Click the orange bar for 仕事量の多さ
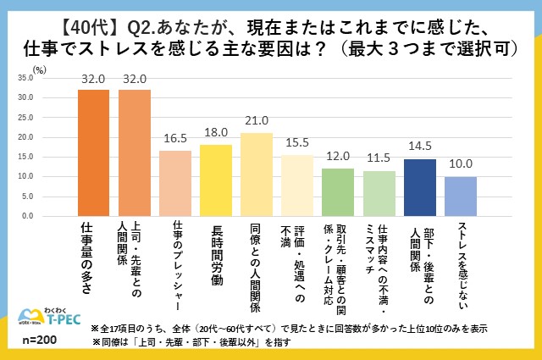click(93, 153)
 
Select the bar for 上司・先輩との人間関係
click(134, 153)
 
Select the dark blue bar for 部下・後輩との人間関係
click(419, 188)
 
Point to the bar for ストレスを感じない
click(461, 197)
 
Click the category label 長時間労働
click(216, 252)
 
